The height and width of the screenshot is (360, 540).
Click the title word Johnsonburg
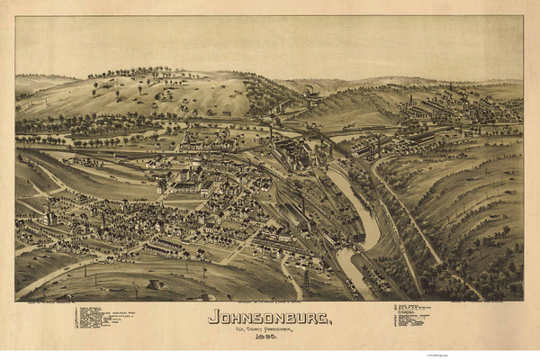pyautogui.click(x=270, y=316)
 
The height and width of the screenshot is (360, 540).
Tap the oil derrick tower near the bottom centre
pyautogui.click(x=305, y=281)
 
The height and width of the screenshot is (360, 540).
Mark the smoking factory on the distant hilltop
pyautogui.click(x=310, y=93)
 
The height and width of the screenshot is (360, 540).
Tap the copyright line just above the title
pyautogui.click(x=270, y=303)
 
